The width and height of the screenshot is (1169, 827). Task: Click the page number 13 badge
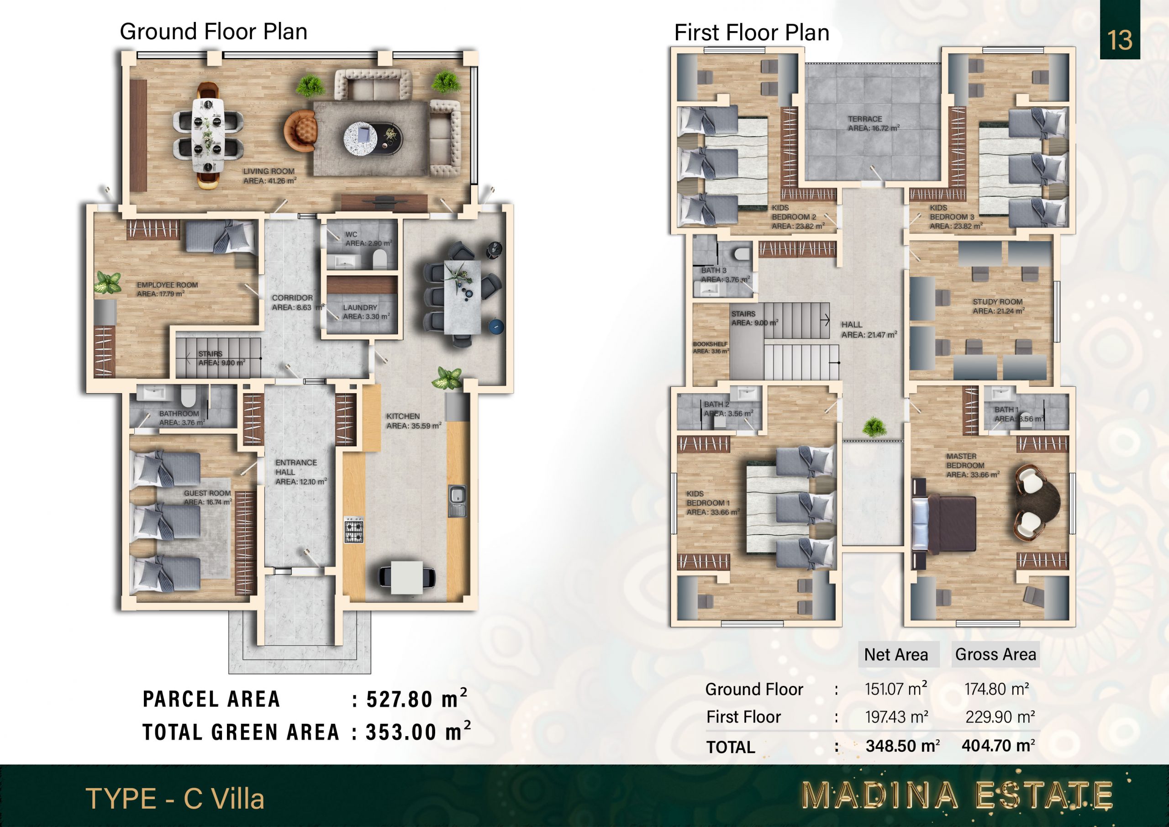coord(1120,30)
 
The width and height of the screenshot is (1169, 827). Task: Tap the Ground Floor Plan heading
coord(213,32)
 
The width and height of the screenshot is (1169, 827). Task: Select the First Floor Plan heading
coord(752,32)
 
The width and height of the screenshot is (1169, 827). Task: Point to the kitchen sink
coord(457,501)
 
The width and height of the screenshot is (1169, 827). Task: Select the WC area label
coord(369,239)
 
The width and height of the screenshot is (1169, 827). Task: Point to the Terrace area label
coord(873,124)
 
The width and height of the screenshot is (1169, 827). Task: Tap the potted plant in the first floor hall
coord(875,427)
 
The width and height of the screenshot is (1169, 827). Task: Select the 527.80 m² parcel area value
coord(416,699)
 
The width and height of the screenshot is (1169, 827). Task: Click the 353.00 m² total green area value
coord(418,732)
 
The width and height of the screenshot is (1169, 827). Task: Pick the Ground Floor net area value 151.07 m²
coord(896,689)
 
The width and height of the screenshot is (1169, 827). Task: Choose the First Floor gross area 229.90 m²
coord(1000,717)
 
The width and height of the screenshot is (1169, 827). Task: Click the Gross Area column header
coord(995,654)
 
